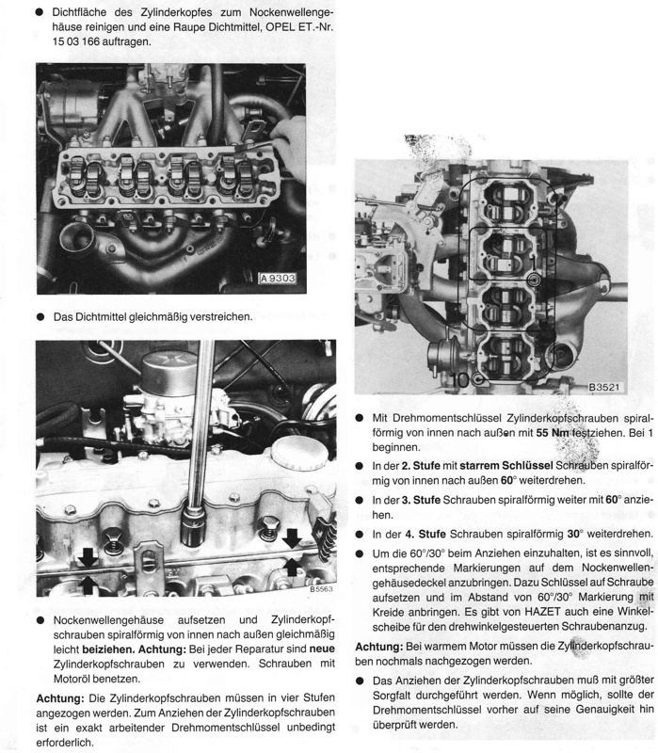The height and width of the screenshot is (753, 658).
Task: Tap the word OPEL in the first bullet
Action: (x=267, y=26)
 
